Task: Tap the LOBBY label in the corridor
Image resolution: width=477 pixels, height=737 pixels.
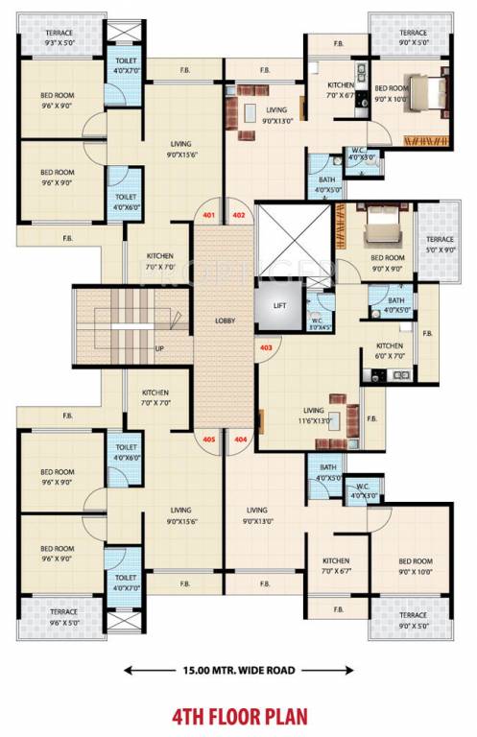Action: [226, 320]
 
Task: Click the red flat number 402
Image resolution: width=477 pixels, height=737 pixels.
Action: [239, 215]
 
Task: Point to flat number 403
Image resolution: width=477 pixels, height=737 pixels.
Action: [266, 347]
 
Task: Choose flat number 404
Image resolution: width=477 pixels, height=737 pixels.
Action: [240, 440]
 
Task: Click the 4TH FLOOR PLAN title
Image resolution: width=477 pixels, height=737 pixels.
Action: [238, 715]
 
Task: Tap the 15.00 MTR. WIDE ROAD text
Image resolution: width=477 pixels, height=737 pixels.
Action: [238, 670]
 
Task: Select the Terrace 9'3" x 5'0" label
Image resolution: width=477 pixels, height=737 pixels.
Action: [38, 37]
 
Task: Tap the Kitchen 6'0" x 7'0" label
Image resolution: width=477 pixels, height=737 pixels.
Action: [389, 351]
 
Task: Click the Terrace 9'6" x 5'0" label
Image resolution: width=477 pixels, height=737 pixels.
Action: [38, 617]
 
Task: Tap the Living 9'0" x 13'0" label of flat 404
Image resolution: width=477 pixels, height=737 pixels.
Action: [256, 515]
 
